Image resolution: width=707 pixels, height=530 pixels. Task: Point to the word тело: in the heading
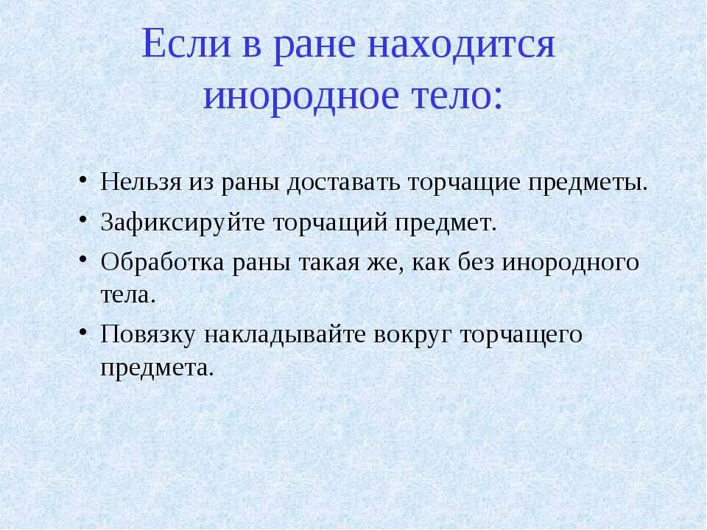[457, 96]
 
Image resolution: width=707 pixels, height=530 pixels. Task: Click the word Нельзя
[135, 182]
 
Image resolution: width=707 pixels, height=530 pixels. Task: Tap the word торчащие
[461, 182]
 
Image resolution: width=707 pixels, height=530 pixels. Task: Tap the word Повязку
[148, 335]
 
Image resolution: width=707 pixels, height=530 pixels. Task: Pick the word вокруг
[413, 335]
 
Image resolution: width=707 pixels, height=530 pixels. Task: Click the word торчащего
[521, 335]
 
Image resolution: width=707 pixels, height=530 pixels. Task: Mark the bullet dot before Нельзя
[84, 181]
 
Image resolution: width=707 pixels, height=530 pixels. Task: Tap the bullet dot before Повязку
[84, 334]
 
